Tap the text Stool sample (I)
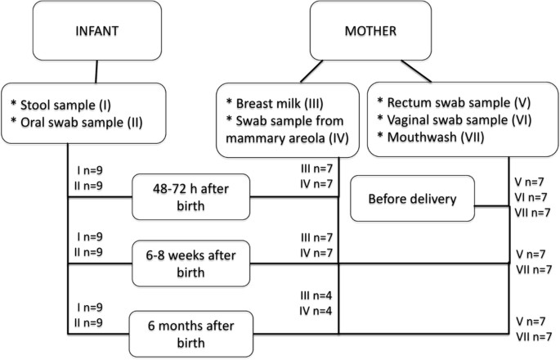pyautogui.click(x=61, y=104)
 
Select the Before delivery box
pyautogui.click(x=412, y=198)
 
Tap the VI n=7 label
pyautogui.click(x=534, y=197)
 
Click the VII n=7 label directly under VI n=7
pyautogui.click(x=534, y=213)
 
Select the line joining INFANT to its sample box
pyautogui.click(x=97, y=71)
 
